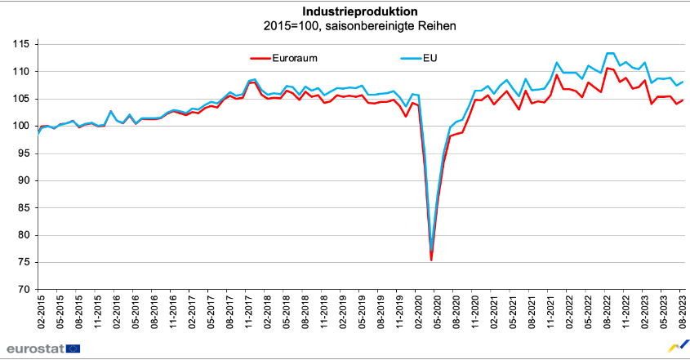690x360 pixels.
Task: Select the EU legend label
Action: (430, 58)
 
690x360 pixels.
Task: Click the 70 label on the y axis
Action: (24, 289)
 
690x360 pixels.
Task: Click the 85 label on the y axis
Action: (24, 207)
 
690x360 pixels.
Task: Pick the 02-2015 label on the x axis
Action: (41, 312)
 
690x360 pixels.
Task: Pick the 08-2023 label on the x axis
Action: (683, 312)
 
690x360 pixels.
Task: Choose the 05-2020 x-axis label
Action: (437, 312)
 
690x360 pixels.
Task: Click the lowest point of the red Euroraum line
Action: (431, 260)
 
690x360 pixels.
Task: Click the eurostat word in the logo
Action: (33, 349)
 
